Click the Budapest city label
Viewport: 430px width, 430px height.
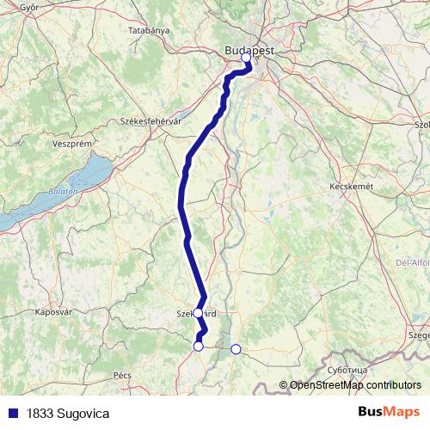pyautogui.click(x=249, y=51)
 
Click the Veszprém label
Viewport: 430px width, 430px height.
pyautogui.click(x=49, y=144)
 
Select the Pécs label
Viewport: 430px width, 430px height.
pyautogui.click(x=121, y=376)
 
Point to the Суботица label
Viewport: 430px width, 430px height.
pyautogui.click(x=347, y=369)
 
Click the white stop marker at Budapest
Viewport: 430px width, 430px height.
pyautogui.click(x=246, y=58)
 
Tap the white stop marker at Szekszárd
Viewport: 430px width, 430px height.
pyautogui.click(x=198, y=313)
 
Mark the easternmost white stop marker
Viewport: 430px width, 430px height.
pyautogui.click(x=236, y=348)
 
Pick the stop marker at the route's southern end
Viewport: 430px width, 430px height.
pyautogui.click(x=199, y=346)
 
